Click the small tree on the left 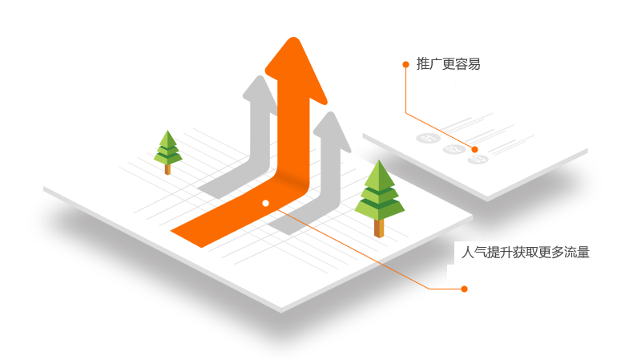tap(167, 151)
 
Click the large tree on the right tap(379, 196)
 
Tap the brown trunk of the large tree tap(379, 227)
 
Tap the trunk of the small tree tap(167, 168)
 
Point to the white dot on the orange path tap(265, 203)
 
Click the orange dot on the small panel tap(474, 149)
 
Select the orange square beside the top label tap(406, 64)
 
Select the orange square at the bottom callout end tap(463, 289)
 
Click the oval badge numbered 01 tap(427, 138)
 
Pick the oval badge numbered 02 tap(454, 149)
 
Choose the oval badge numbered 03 tap(478, 160)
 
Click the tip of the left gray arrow tap(259, 80)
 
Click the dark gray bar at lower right tap(525, 252)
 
